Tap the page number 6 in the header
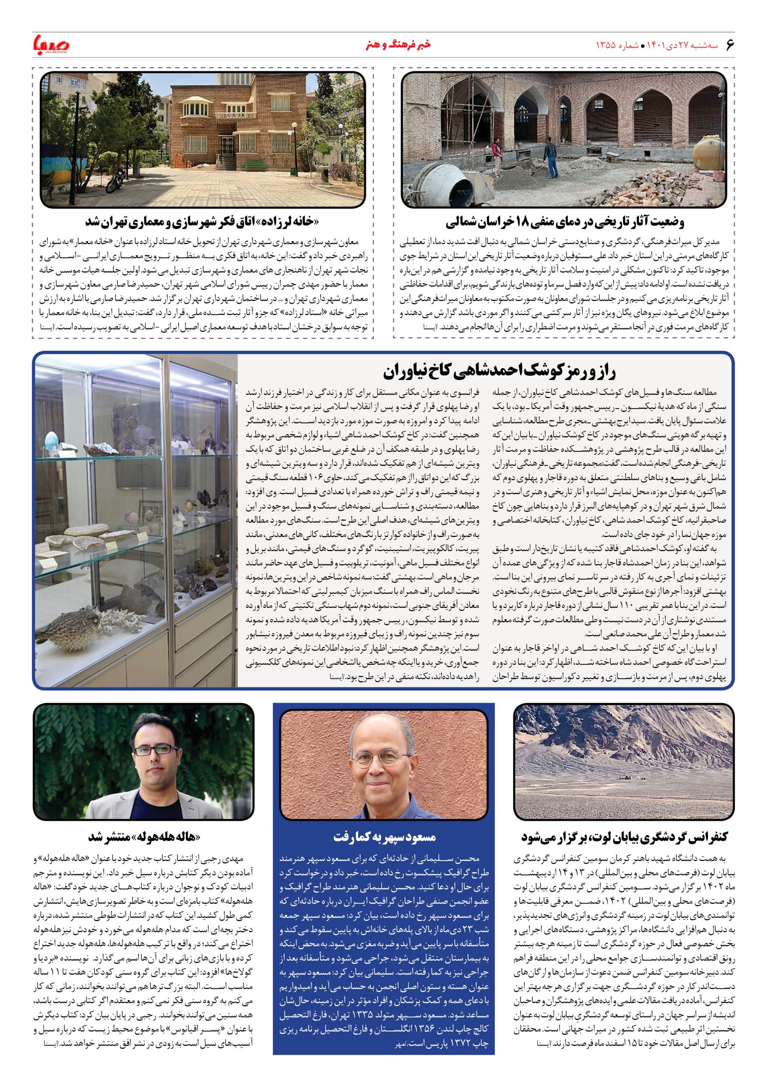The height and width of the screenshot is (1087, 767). (x=729, y=45)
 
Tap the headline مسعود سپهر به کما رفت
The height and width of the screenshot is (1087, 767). (x=384, y=837)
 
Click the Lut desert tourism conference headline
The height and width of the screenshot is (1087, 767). (x=624, y=837)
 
